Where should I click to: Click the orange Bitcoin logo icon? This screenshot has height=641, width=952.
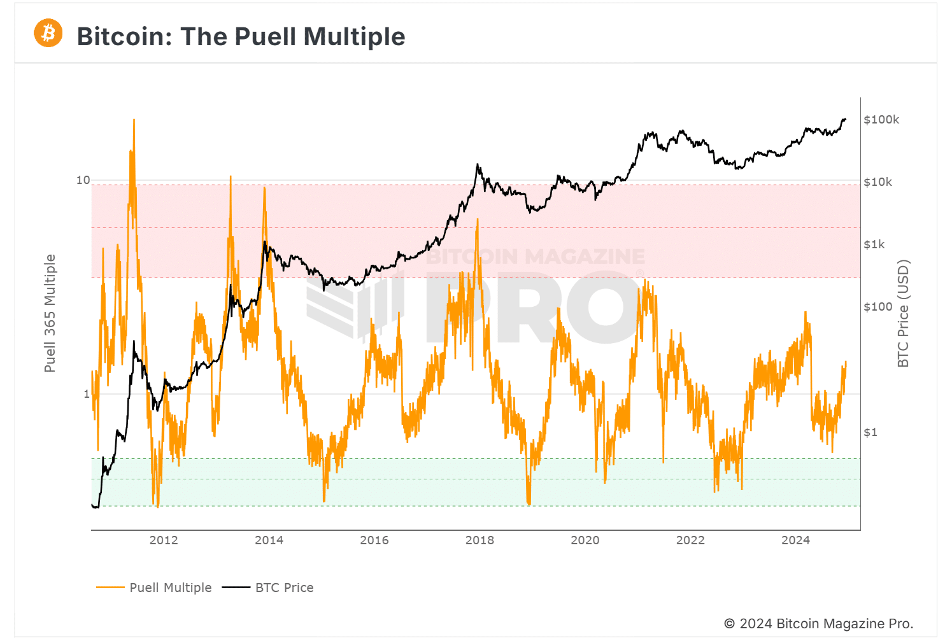pyautogui.click(x=48, y=33)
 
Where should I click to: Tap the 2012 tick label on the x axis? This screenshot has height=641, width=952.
pyautogui.click(x=164, y=540)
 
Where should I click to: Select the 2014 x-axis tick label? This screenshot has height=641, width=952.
pyautogui.click(x=269, y=540)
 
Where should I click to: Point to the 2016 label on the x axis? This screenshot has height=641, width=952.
pyautogui.click(x=374, y=540)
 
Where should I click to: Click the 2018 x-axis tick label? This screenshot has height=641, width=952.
pyautogui.click(x=480, y=540)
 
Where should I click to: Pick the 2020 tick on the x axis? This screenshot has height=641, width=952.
pyautogui.click(x=585, y=540)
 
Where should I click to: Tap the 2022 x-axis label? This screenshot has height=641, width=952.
pyautogui.click(x=690, y=540)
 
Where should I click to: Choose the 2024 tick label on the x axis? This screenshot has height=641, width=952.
pyautogui.click(x=795, y=540)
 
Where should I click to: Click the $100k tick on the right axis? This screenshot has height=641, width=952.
pyautogui.click(x=881, y=120)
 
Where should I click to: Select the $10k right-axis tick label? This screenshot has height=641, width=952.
pyautogui.click(x=878, y=182)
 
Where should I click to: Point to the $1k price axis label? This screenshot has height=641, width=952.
pyautogui.click(x=874, y=244)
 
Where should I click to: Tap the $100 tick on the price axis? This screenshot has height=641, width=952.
pyautogui.click(x=878, y=307)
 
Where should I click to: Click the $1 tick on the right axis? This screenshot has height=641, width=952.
pyautogui.click(x=870, y=432)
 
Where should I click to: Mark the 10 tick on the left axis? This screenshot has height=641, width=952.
pyautogui.click(x=83, y=180)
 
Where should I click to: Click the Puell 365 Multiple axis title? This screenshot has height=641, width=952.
pyautogui.click(x=50, y=313)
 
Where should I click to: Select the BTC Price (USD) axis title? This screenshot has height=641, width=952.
pyautogui.click(x=903, y=313)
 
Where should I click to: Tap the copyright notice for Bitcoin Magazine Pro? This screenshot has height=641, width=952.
pyautogui.click(x=818, y=624)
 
